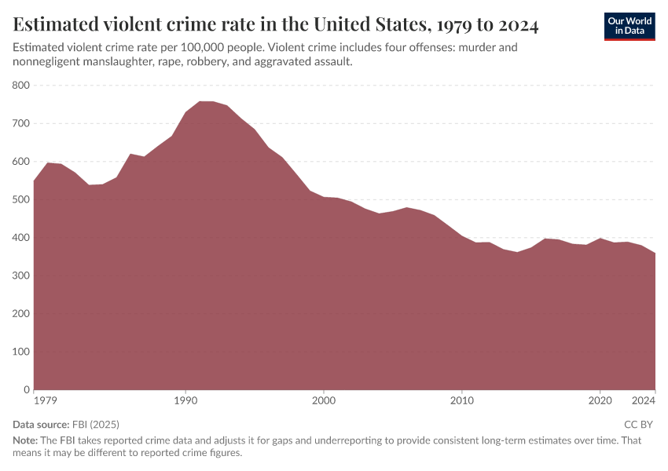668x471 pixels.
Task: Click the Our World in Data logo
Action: click(x=629, y=25)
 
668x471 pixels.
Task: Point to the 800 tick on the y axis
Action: click(x=21, y=86)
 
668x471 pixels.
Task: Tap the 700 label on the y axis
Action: click(x=21, y=123)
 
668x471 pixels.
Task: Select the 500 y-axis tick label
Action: click(x=21, y=199)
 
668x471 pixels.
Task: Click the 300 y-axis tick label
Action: click(x=21, y=276)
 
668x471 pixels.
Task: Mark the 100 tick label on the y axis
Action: click(x=21, y=352)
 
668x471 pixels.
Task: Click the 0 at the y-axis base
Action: click(x=27, y=389)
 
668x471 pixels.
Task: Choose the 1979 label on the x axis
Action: click(x=46, y=401)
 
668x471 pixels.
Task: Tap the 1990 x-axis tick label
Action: click(x=185, y=401)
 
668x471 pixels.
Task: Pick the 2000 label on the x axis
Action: click(x=324, y=401)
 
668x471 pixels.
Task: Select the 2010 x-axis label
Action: click(x=462, y=401)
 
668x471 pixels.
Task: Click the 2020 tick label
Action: click(x=600, y=401)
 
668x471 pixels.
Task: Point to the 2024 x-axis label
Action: click(x=644, y=401)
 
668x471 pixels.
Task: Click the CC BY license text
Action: click(x=639, y=425)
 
